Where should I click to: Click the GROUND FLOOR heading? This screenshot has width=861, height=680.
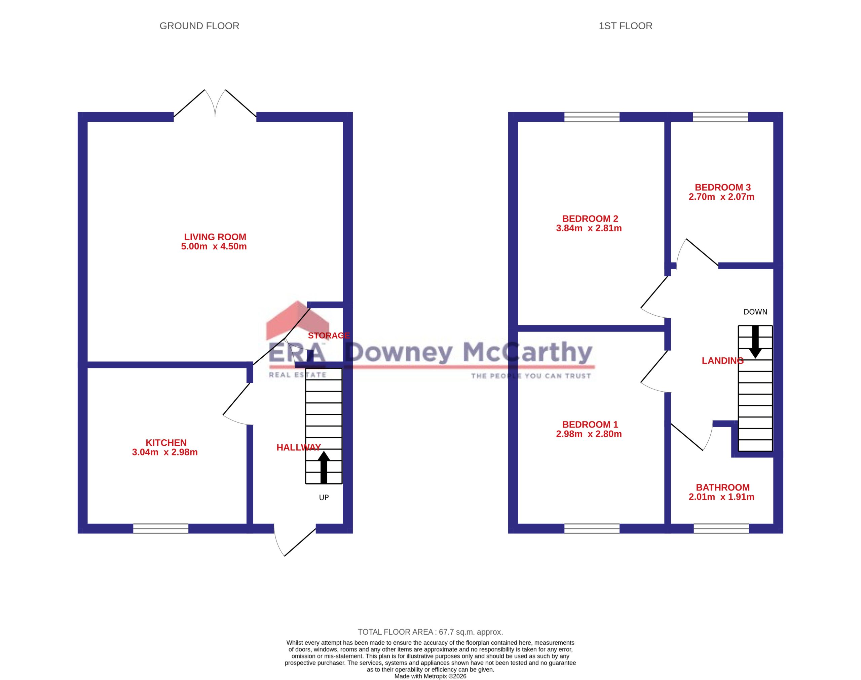199,26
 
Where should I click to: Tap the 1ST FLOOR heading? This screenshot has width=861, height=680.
625,26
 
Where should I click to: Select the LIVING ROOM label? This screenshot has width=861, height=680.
215,237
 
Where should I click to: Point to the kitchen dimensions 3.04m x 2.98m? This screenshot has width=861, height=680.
165,452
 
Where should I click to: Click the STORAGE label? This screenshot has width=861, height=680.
329,335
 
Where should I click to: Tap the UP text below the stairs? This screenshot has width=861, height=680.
324,498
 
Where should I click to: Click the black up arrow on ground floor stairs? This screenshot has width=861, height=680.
324,468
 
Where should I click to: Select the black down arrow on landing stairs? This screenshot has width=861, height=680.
755,342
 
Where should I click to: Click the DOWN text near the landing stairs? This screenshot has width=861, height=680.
755,312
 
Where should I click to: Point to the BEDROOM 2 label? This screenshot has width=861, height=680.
590,218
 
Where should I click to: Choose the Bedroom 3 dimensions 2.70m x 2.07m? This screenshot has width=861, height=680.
721,197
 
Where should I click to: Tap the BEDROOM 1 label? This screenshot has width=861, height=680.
590,425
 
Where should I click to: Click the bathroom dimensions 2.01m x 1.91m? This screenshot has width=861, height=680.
721,497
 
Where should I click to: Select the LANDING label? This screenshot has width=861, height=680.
722,361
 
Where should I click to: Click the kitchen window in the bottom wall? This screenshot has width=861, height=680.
160,528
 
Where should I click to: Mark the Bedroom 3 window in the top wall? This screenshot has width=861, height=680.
720,117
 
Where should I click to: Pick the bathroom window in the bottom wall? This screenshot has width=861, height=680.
721,528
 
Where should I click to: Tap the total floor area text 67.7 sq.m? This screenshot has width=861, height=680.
430,632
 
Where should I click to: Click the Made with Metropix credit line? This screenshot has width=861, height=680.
430,676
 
